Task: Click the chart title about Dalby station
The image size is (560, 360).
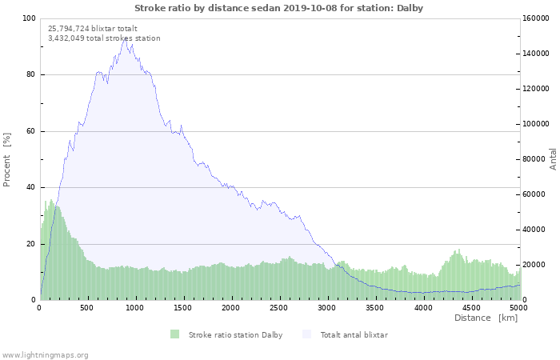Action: coord(278,8)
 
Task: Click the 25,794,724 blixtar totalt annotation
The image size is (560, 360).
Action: coord(93,29)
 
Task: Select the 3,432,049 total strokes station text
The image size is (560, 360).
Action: coord(104,38)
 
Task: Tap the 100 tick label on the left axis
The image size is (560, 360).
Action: coord(29,18)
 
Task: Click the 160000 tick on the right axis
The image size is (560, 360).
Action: coord(535,18)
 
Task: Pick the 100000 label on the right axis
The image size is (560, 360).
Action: coord(535,124)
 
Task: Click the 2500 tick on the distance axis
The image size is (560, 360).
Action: coord(278,307)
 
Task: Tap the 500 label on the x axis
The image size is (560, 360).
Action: coord(86,307)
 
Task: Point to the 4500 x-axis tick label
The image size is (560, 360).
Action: coord(470,307)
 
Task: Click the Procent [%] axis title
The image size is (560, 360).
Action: coord(6,160)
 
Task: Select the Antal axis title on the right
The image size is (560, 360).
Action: coord(553,159)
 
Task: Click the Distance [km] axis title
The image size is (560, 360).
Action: coord(486,318)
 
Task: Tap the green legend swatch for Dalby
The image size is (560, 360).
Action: coord(174,334)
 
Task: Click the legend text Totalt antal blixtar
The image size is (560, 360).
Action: coord(354,335)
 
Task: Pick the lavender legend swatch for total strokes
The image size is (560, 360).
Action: coord(306,334)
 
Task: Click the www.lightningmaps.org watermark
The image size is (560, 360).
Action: coord(44,355)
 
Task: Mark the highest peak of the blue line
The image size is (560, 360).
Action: coord(126,40)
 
